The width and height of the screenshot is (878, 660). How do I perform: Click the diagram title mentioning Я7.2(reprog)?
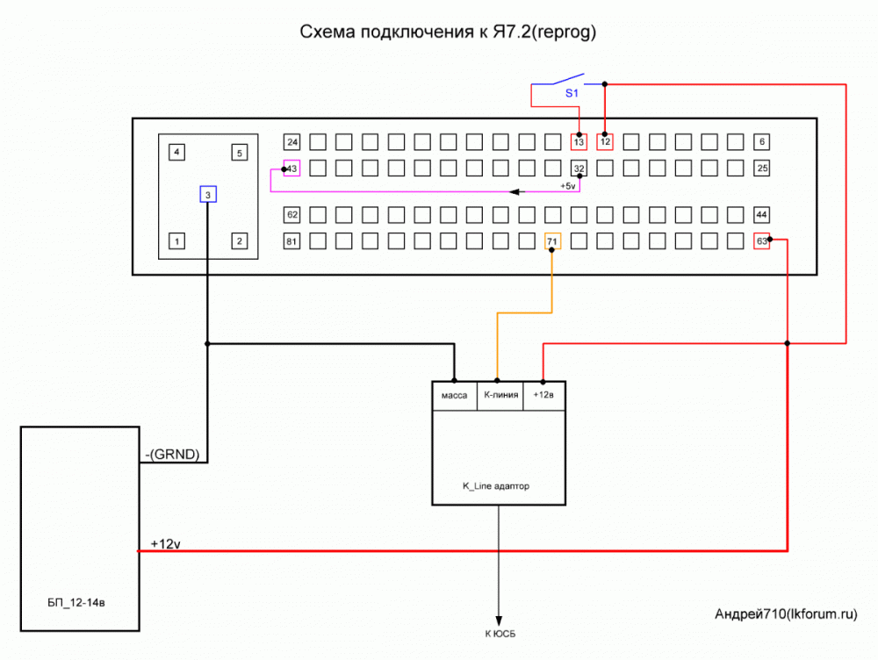tap(449, 32)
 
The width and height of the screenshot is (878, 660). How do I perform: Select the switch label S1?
tap(571, 92)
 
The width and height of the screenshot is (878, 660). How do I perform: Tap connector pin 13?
tap(579, 142)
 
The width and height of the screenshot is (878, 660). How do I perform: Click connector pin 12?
tap(605, 142)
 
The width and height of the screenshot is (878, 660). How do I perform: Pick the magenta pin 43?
tap(292, 168)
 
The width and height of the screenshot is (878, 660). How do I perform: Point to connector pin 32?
tap(579, 168)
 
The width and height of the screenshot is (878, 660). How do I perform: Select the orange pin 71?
tap(552, 240)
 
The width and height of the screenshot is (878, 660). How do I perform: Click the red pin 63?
tap(762, 240)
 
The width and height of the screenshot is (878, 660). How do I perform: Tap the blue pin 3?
tap(207, 195)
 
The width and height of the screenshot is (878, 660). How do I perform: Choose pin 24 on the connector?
tap(292, 142)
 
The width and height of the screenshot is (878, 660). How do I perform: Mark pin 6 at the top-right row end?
tap(762, 142)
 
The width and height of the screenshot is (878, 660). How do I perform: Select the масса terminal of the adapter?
tap(453, 396)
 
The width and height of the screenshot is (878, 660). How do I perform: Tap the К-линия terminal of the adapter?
tap(499, 396)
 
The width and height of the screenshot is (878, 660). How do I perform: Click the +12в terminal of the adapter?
tap(543, 396)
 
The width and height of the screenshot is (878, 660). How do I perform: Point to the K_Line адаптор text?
tap(496, 485)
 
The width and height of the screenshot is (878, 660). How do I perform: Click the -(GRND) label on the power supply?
tap(175, 454)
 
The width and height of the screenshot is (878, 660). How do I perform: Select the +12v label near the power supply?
tap(165, 543)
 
